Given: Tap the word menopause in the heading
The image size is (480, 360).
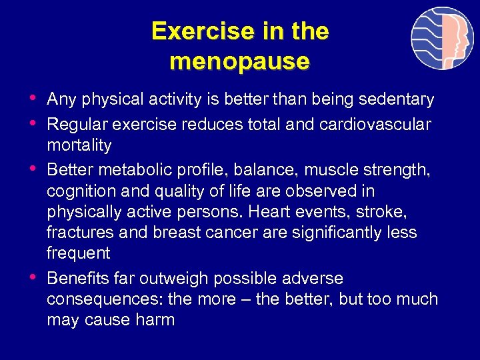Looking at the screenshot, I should tap(240, 61).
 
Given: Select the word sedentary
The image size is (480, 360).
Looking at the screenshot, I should tap(397, 100).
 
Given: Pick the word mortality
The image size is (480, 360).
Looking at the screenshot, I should tap(79, 145).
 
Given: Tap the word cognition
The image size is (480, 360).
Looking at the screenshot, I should tap(78, 191).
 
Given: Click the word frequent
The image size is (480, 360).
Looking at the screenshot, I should tap(79, 253).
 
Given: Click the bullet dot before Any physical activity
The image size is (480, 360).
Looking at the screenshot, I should tap(33, 99).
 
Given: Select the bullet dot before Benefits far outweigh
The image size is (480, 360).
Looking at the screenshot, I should tap(33, 277).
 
